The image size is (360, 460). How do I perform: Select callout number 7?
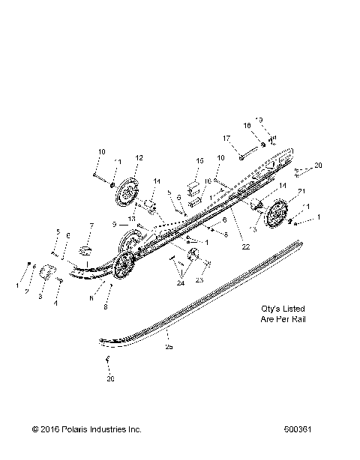point(91,226)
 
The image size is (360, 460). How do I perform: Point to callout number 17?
point(225,138)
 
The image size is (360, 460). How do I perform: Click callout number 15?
point(199,161)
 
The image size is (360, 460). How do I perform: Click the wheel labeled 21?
point(279,215)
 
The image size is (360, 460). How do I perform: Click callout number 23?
point(199,279)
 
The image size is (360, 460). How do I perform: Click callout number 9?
point(115,224)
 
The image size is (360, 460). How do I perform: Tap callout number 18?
point(247,125)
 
